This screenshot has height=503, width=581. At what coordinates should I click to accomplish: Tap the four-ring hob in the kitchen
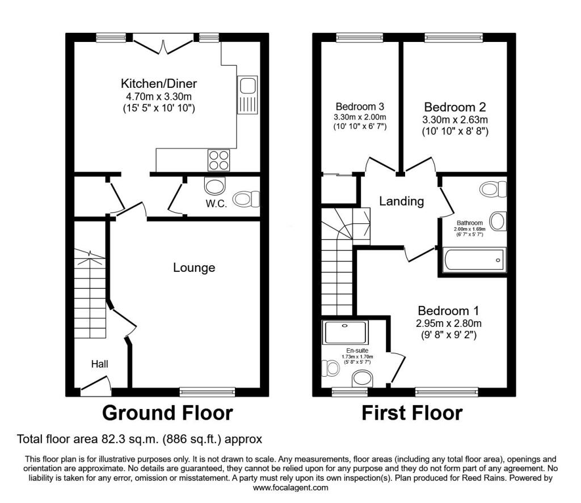point(218,160)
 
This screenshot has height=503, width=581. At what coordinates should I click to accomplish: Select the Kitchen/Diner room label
point(159,83)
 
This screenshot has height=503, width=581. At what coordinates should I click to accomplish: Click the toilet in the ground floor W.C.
point(247,199)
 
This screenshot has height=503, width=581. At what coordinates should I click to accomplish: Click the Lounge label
point(194,267)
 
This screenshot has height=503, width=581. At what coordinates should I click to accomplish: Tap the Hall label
point(100,364)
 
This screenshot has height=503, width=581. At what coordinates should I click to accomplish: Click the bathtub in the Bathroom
point(474,259)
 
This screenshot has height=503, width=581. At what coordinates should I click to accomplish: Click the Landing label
point(401,201)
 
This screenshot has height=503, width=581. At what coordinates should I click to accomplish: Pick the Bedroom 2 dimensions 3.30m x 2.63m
point(455,120)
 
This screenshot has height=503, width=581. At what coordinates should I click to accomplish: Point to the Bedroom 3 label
point(360,106)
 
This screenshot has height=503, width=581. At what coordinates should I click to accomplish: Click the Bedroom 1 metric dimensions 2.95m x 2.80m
point(449,323)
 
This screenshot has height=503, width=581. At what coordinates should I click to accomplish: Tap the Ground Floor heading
point(167,413)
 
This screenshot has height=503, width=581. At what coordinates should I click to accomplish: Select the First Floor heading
point(412,413)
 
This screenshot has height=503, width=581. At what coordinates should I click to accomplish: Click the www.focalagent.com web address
point(290,488)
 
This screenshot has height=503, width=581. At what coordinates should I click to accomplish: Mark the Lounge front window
point(207,391)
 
